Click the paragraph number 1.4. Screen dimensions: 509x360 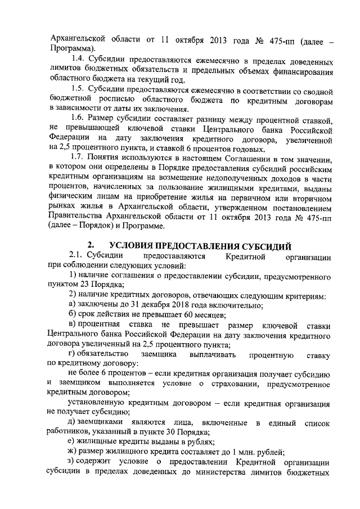tap(79, 57)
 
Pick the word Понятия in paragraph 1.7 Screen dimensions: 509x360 tap(111, 160)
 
